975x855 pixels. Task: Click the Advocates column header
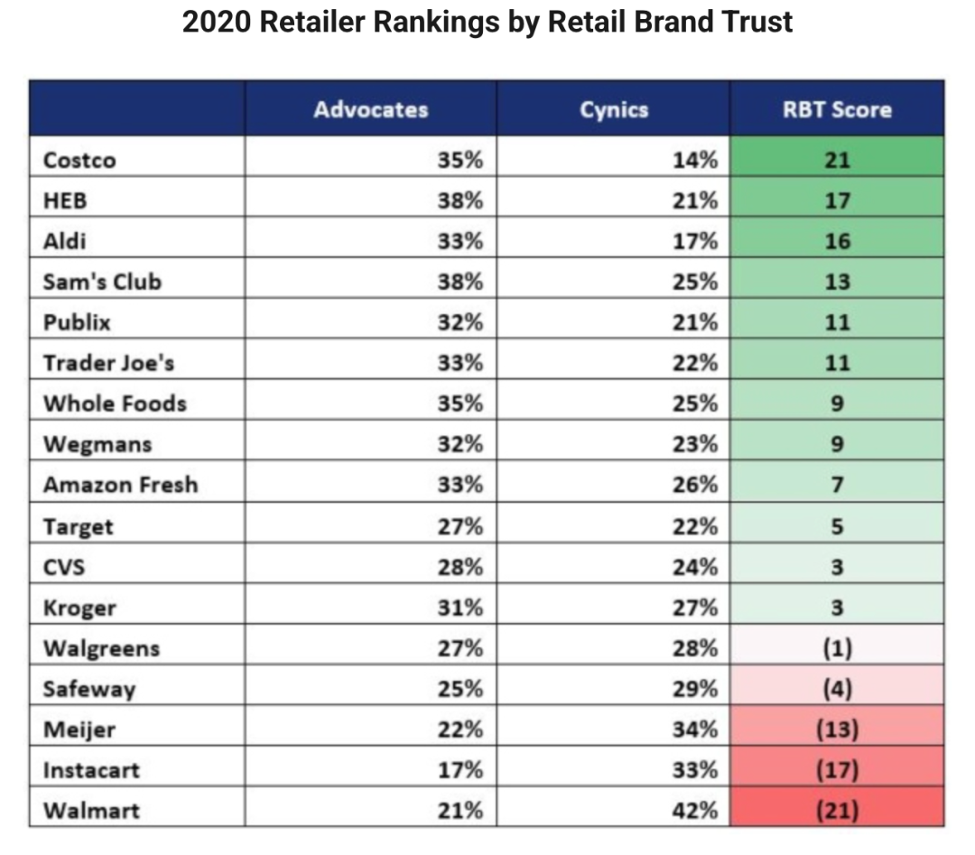click(370, 110)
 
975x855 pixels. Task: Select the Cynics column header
click(614, 110)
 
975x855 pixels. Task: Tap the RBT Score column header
click(837, 110)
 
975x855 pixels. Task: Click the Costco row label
click(79, 161)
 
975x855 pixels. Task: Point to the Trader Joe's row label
click(108, 363)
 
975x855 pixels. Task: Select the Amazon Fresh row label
click(120, 485)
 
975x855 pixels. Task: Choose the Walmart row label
click(91, 810)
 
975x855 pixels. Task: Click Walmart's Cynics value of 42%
click(695, 810)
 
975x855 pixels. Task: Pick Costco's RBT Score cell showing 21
click(837, 161)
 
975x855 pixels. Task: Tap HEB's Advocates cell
click(460, 201)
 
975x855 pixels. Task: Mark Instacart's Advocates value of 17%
click(460, 770)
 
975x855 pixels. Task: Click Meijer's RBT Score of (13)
click(837, 730)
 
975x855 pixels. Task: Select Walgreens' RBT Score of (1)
click(837, 648)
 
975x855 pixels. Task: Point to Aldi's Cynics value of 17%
click(695, 242)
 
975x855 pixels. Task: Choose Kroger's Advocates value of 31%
click(460, 608)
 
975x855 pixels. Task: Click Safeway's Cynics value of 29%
click(695, 689)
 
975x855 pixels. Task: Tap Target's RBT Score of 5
click(837, 526)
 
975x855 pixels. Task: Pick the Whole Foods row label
click(115, 404)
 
